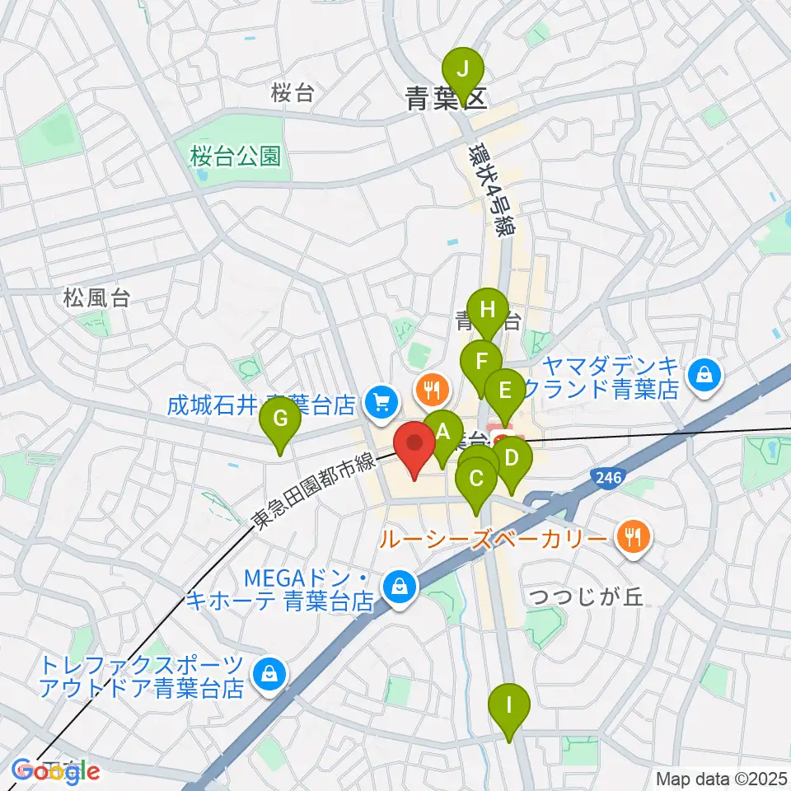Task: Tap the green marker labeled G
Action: point(280,420)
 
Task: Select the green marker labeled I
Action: point(509,706)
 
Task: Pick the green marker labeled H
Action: point(488,311)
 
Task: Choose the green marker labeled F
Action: point(481,361)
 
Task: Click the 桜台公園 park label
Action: point(235,155)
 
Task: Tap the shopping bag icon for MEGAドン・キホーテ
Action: point(400,588)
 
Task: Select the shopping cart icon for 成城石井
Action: point(380,402)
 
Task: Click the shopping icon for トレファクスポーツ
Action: point(269,673)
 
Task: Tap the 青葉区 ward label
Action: point(446,101)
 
